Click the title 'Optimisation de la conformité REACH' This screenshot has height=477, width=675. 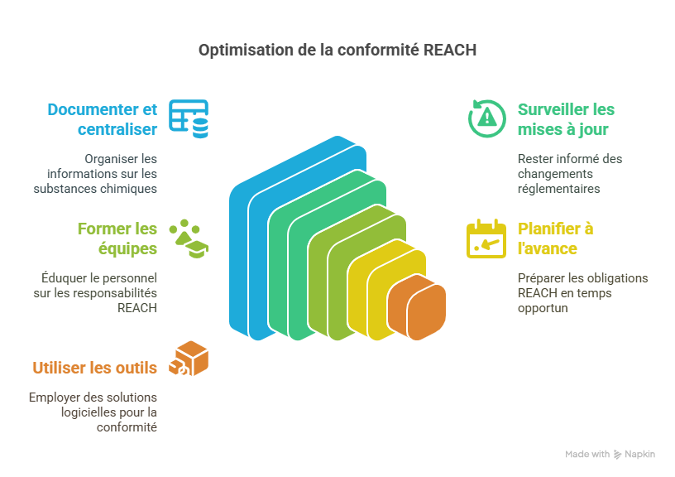(x=337, y=51)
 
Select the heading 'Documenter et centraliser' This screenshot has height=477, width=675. (x=103, y=119)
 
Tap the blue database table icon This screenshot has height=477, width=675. (x=189, y=118)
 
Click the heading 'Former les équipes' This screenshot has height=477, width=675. (x=117, y=238)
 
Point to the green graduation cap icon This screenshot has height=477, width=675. (x=189, y=238)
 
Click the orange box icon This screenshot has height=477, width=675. (x=189, y=359)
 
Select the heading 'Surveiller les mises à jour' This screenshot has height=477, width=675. (x=566, y=119)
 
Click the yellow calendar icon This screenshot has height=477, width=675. (x=486, y=238)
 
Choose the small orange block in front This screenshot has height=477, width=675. (x=416, y=308)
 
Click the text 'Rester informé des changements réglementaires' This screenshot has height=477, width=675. (x=570, y=173)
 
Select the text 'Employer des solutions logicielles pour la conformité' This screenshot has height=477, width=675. (x=93, y=412)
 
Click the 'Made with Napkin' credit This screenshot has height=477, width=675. (x=610, y=455)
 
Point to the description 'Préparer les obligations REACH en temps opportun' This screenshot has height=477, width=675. (x=582, y=292)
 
